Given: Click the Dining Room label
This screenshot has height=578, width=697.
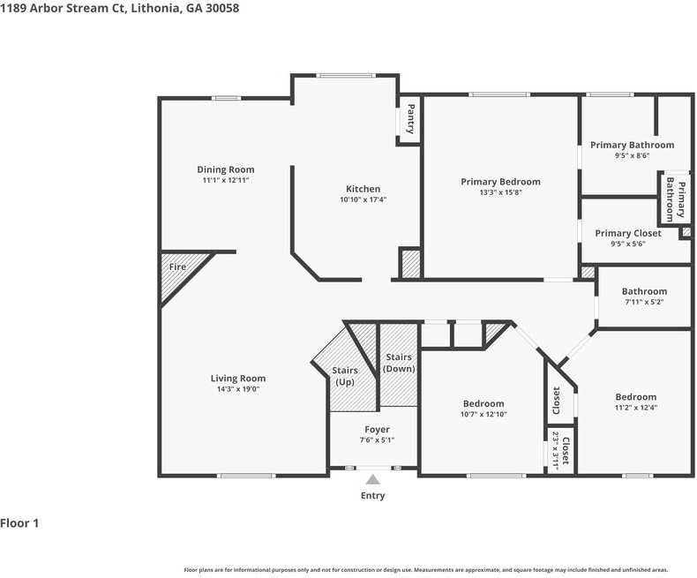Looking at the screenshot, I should (225, 169).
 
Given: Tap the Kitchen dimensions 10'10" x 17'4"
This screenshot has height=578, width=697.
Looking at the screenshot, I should (363, 199).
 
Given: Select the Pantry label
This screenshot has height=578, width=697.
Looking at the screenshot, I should (410, 119).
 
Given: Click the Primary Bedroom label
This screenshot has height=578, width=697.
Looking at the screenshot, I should (500, 182).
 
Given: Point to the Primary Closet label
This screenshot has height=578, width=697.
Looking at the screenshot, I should (627, 233).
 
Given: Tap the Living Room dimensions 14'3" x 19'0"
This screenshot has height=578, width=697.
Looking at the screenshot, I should (238, 388).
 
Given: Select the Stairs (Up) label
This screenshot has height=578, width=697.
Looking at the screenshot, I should (344, 376).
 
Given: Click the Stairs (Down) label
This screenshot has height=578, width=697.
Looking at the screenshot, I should (399, 363).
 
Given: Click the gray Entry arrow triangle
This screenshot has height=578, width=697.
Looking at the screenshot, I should (373, 479).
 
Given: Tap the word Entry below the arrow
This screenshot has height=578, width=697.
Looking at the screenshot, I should (373, 496).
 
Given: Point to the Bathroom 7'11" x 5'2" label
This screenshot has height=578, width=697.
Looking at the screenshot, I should (644, 291).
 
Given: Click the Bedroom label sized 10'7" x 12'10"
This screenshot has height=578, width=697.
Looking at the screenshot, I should (483, 403).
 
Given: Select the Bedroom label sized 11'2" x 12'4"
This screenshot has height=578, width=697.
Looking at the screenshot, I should (635, 397).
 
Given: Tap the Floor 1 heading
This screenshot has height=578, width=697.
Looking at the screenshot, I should (20, 523).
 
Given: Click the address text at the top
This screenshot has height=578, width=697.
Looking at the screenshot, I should (119, 8).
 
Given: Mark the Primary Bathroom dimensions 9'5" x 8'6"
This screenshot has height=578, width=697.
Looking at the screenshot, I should (632, 155).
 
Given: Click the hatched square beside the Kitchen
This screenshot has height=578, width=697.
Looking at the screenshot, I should (410, 264).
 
